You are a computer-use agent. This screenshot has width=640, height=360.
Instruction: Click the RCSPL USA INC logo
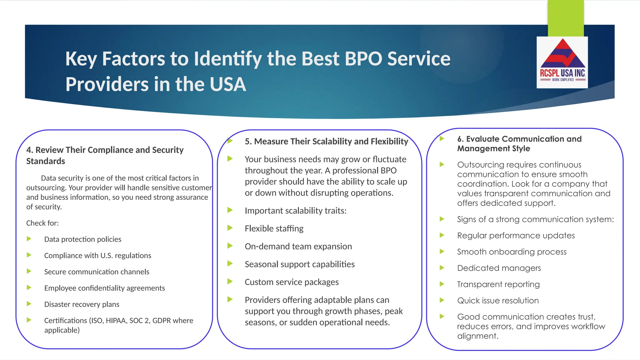[x=562, y=62]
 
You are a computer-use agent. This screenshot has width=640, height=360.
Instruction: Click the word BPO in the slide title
[x=363, y=59]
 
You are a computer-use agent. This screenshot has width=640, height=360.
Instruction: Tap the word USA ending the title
[x=228, y=84]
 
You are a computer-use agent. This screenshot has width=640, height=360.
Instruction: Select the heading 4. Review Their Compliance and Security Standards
[x=105, y=155]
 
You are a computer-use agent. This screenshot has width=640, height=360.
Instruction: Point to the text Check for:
[x=42, y=223]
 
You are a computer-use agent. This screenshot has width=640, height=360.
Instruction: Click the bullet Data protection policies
[x=83, y=239]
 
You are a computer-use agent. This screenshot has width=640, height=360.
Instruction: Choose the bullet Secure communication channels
[x=97, y=272]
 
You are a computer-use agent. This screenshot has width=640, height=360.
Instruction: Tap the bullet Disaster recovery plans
[x=82, y=304]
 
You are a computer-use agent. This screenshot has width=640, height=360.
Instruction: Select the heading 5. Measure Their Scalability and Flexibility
[x=326, y=142]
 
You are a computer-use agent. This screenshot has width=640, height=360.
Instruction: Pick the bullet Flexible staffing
[x=274, y=228]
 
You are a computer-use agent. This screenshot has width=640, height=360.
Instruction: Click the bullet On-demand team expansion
[x=298, y=247]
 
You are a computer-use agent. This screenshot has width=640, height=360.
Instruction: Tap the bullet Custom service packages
[x=292, y=282]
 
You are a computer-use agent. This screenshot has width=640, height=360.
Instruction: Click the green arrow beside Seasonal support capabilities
[x=230, y=264]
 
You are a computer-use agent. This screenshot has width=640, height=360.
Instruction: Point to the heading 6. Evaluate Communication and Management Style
[x=519, y=143]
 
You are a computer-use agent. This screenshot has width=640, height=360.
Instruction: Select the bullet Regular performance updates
[x=516, y=236]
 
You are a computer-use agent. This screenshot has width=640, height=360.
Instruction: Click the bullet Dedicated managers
[x=499, y=268]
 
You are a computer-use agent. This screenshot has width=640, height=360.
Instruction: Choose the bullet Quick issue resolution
[x=498, y=301]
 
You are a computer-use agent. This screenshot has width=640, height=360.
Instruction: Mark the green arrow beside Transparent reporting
[x=442, y=284]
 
